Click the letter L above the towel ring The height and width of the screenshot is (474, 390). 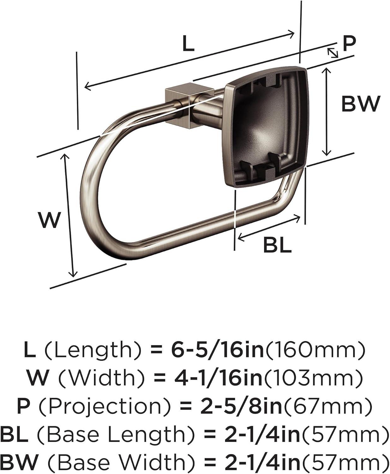[188, 43]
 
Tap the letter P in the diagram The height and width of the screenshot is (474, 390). [349, 44]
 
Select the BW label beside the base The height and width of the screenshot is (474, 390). [361, 104]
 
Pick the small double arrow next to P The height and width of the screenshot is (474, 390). [333, 52]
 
